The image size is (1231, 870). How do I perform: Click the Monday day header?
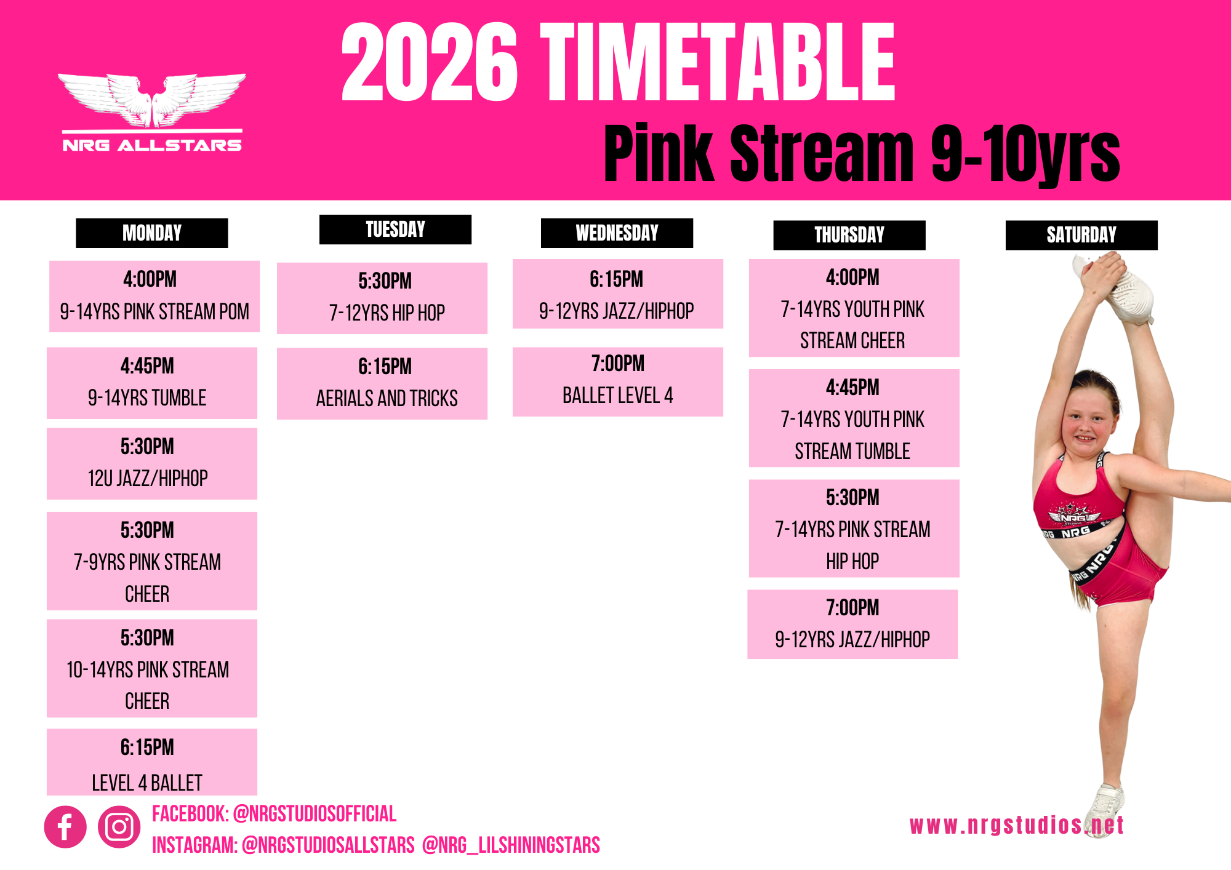[x=152, y=233]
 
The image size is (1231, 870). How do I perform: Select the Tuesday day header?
[x=395, y=229]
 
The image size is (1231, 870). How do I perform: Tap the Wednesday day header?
[x=617, y=233]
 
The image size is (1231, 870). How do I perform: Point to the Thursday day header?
[x=849, y=235]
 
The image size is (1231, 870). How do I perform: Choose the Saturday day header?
[x=1081, y=235]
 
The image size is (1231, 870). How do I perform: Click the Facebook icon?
[x=65, y=827]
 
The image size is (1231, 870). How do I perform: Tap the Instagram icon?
[x=119, y=827]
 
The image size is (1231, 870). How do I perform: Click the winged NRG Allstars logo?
[x=152, y=113]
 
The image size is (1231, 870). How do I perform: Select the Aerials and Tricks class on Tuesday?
[x=382, y=384]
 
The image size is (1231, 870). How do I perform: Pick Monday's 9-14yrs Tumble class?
[x=152, y=383]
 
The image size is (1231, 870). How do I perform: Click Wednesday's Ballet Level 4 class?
[x=618, y=382]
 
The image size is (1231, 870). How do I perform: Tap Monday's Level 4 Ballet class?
[x=152, y=762]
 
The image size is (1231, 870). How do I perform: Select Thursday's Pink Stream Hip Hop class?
[x=854, y=529]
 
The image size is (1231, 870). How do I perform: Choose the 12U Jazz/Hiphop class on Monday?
[x=152, y=464]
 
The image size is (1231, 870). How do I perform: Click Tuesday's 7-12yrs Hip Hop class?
[x=382, y=298]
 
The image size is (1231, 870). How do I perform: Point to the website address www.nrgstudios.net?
[x=1017, y=825]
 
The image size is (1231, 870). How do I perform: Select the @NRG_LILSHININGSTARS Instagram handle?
[x=511, y=845]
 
